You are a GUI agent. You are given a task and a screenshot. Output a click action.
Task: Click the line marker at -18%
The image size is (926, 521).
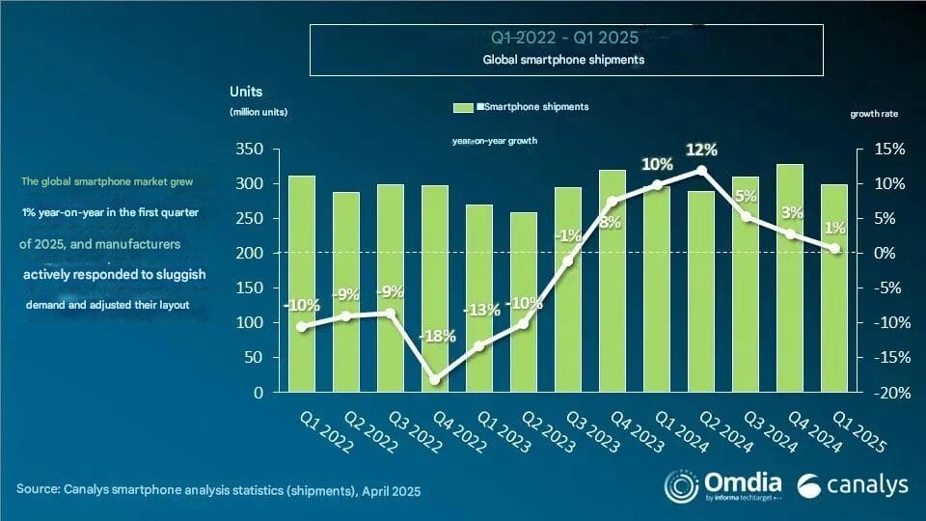435,380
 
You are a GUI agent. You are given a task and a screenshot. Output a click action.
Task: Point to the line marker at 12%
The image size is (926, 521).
701,170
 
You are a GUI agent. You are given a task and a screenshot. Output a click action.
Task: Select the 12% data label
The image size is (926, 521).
701,150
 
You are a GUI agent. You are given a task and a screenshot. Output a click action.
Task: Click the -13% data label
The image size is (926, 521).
481,310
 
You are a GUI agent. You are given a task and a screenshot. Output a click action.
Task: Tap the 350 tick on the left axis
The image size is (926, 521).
249,150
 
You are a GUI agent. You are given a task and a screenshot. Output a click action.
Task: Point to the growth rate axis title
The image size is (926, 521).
873,114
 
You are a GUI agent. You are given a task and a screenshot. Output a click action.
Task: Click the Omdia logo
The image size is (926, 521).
713,484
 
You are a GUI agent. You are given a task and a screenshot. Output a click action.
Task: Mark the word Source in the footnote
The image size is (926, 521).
40,491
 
